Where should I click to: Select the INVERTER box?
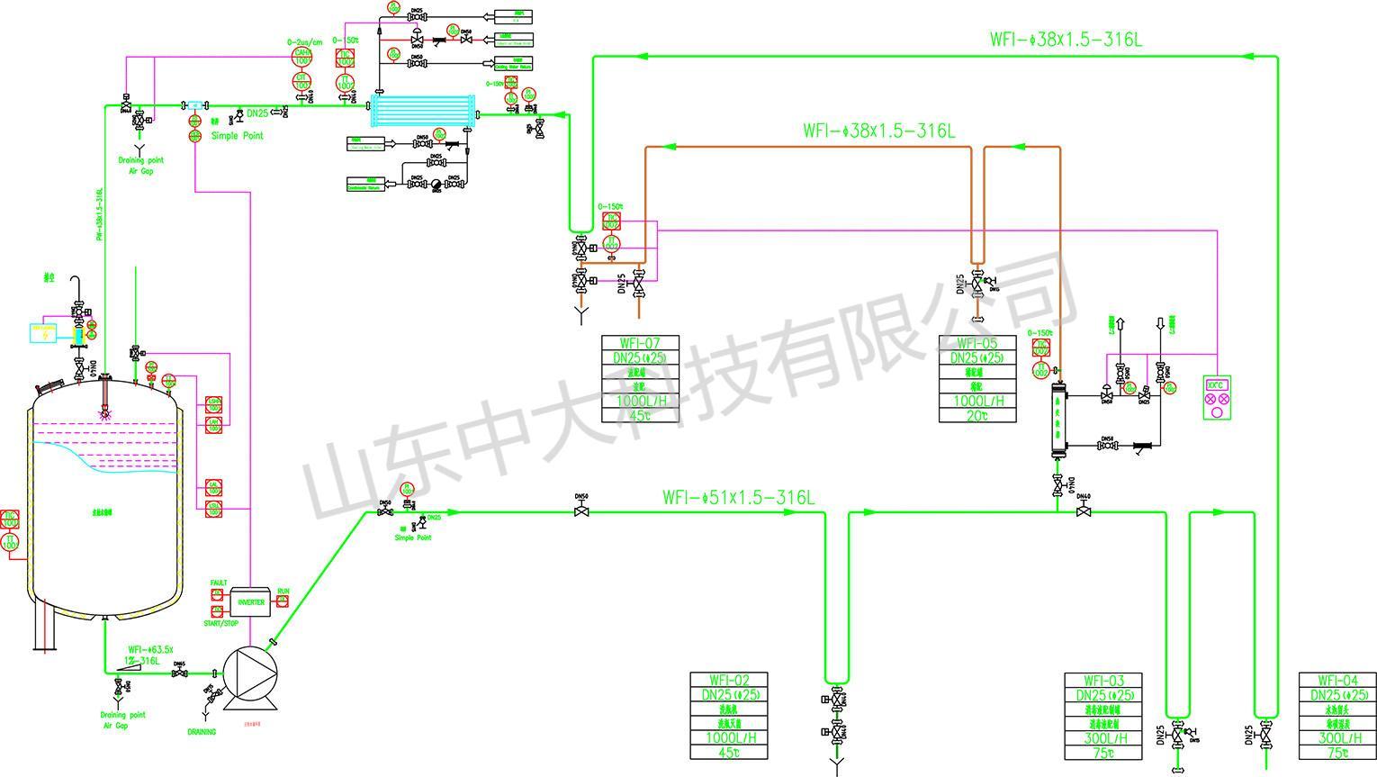[251, 601]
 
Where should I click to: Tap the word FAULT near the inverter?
[219, 583]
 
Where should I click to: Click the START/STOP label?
[220, 623]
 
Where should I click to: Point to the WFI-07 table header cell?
[640, 343]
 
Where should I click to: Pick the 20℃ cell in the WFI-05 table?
[977, 415]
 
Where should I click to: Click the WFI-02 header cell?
[729, 681]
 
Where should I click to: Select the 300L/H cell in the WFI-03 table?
[1102, 738]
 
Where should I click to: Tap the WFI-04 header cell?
[1336, 681]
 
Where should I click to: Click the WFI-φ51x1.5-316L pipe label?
[738, 497]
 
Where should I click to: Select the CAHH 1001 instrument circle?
[302, 57]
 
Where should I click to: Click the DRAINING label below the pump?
[202, 732]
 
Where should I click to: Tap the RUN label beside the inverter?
[283, 592]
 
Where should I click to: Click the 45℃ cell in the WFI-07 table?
[640, 415]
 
